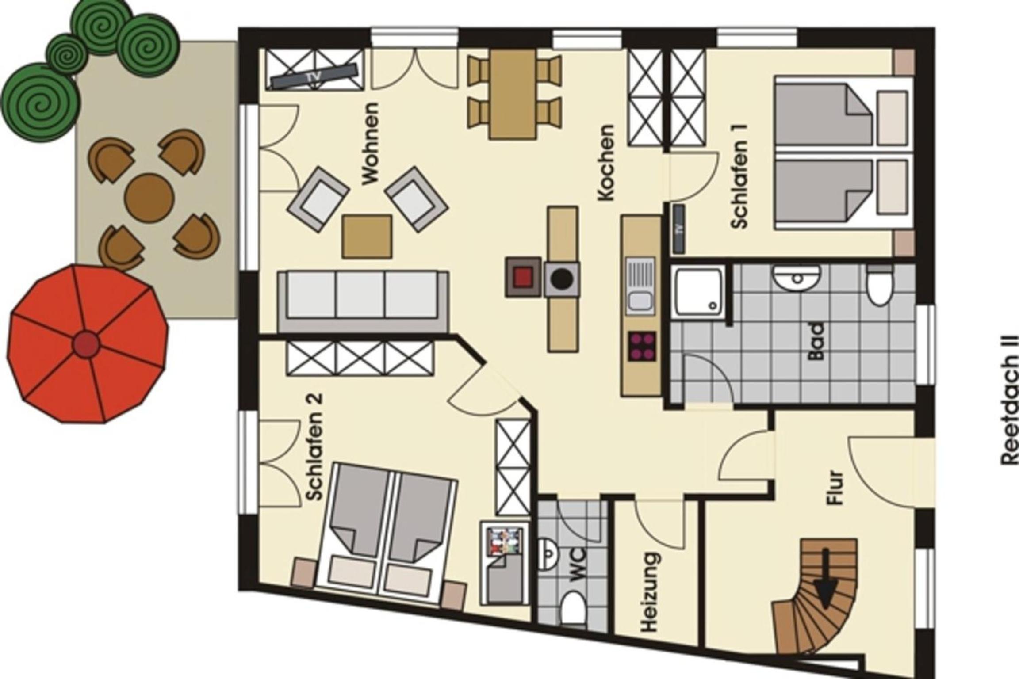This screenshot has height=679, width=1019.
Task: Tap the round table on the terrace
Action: tap(149, 198)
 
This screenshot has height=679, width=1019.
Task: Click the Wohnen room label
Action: tap(370, 144)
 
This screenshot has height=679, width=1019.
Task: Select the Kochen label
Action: tap(605, 163)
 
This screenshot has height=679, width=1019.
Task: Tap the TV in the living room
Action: tap(314, 75)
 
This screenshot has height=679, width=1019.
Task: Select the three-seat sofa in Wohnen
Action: tap(363, 301)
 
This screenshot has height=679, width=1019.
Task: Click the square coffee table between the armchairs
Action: tap(367, 237)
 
